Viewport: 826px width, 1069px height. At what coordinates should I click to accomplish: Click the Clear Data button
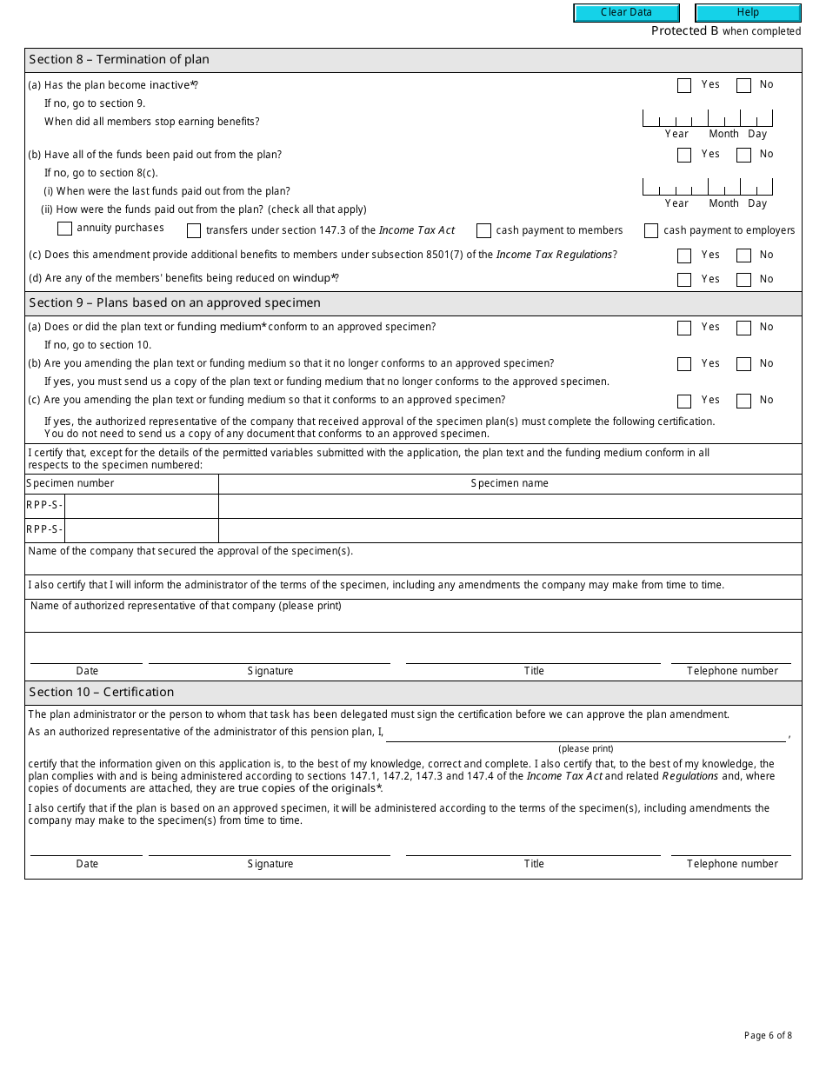click(626, 13)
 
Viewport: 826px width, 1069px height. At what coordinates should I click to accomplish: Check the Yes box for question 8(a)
click(684, 85)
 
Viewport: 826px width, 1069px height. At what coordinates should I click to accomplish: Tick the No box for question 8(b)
click(743, 155)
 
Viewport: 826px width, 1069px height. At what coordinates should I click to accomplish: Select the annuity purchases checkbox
click(64, 229)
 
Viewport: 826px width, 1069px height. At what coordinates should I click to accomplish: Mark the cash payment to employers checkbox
click(651, 231)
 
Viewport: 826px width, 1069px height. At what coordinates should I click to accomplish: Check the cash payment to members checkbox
click(484, 231)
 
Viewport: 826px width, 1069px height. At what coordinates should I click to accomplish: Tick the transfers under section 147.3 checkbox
click(194, 231)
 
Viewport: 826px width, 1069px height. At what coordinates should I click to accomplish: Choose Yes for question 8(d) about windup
click(684, 280)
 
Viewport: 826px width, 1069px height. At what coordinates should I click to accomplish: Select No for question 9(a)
click(743, 328)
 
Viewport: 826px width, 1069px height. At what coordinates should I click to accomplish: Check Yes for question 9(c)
click(684, 401)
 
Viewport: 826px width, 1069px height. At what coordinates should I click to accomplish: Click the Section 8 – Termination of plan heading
click(119, 60)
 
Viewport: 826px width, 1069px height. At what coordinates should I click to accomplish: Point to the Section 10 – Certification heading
click(102, 693)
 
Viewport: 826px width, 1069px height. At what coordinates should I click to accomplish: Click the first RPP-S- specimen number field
click(141, 506)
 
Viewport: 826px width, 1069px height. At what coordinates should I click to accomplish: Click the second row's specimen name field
click(510, 530)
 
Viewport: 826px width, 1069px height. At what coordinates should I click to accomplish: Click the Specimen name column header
click(510, 483)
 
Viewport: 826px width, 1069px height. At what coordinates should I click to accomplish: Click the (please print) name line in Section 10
click(586, 734)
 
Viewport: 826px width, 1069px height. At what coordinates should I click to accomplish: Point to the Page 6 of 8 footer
click(768, 1035)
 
